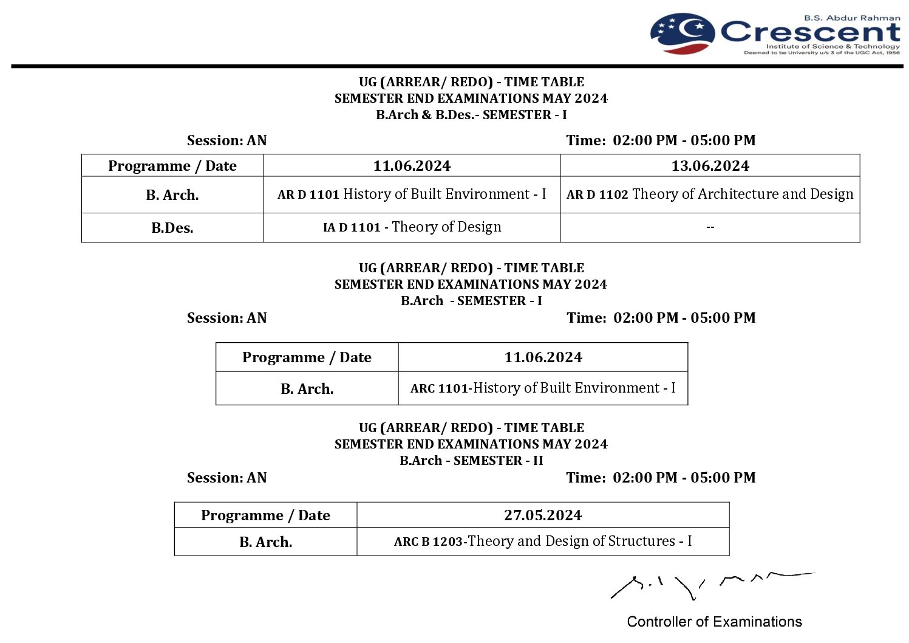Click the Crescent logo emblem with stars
(x=683, y=33)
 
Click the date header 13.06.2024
(x=710, y=166)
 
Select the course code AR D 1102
(x=597, y=195)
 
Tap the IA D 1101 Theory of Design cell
(x=412, y=227)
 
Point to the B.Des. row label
(x=172, y=228)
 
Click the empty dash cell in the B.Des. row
(x=710, y=227)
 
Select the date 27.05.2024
(x=543, y=515)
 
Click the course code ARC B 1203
(x=428, y=542)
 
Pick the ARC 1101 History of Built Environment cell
(x=543, y=388)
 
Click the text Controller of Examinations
(x=714, y=622)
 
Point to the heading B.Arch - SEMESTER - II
(x=471, y=461)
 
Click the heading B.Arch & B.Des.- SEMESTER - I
(x=471, y=115)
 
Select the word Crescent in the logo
(x=810, y=31)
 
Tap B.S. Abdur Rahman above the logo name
(x=852, y=18)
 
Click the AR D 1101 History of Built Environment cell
(x=412, y=194)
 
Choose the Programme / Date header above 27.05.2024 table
(x=265, y=515)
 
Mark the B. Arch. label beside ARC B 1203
(x=265, y=542)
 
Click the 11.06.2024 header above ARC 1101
(x=543, y=357)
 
